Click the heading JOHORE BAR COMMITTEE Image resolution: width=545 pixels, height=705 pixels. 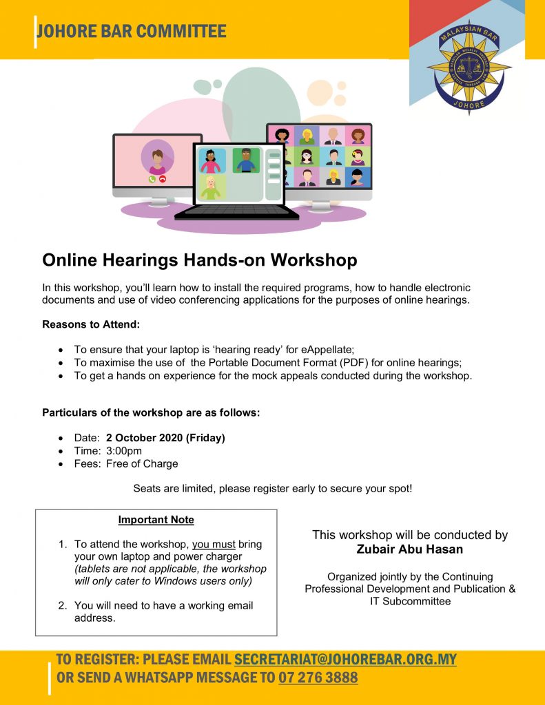pos(132,31)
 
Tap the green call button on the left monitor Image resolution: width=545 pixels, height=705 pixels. pos(152,179)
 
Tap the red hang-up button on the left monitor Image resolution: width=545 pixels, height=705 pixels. pos(163,179)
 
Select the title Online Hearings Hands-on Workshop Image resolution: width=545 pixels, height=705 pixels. pos(200,260)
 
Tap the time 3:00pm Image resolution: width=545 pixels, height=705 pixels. pos(124,450)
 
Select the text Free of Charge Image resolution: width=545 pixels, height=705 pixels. pos(142,463)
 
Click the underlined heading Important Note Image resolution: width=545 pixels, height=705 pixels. pos(156,520)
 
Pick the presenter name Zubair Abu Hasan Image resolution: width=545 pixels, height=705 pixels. pos(410,549)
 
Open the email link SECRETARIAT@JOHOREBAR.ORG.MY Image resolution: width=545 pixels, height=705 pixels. pos(345,659)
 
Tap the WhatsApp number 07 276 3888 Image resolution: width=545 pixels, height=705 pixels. pos(318,677)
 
